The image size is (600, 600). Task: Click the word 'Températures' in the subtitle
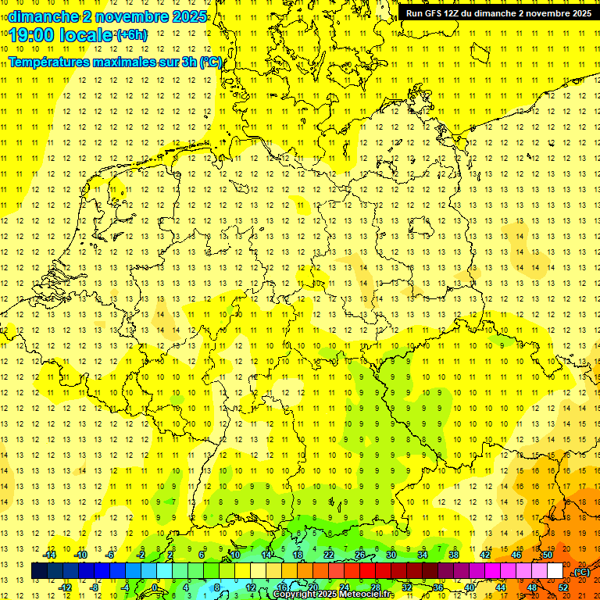(x=52, y=62)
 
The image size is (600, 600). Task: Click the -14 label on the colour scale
(x=50, y=555)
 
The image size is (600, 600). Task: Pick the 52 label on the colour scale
(x=563, y=587)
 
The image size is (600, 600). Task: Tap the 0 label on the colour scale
(x=154, y=587)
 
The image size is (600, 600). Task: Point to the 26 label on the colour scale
(x=360, y=555)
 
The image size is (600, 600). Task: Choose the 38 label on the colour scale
(x=454, y=555)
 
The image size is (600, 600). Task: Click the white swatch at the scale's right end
(x=555, y=571)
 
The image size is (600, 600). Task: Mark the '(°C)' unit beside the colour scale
(x=581, y=572)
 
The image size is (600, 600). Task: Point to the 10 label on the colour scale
(x=235, y=555)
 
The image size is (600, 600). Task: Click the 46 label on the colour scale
(x=516, y=555)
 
